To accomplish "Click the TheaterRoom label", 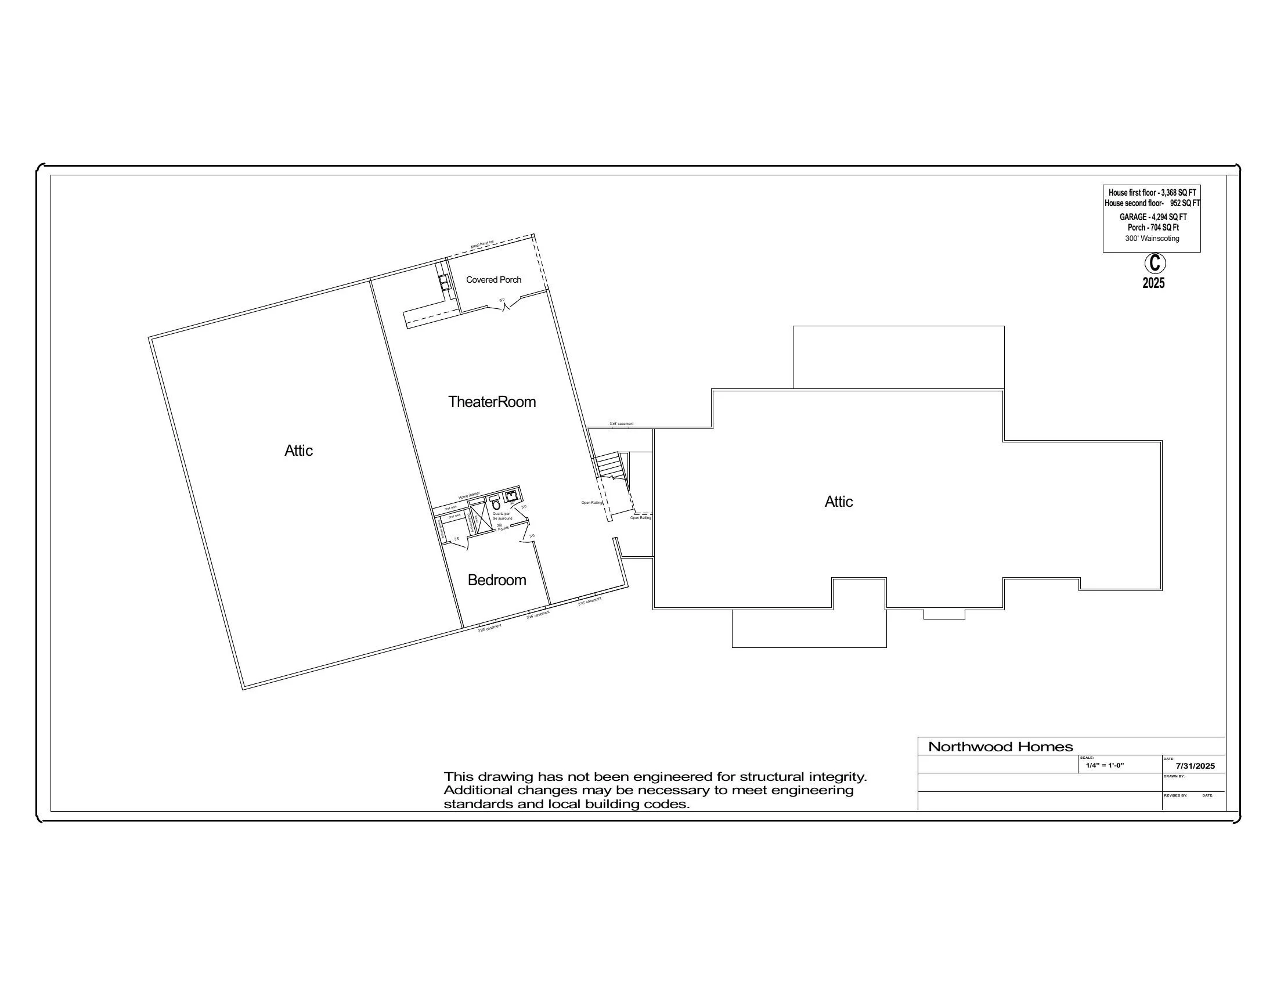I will pos(492,402).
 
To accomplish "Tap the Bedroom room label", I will pos(496,580).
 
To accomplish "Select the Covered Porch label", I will pos(493,280).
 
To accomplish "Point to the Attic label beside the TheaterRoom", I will pos(298,451).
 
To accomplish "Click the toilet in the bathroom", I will pos(496,505).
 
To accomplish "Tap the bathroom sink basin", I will pos(511,497).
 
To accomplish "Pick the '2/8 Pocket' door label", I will pos(502,527).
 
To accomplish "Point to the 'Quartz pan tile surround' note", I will pos(502,516).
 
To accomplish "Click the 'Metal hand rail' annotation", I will pos(482,245).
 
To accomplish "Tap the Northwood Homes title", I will pos(1001,747).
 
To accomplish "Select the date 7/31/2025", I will pos(1195,766).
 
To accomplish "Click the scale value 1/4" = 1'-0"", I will pos(1105,765).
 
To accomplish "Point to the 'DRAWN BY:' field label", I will pos(1174,776).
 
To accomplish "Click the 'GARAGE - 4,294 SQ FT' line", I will pos(1153,217).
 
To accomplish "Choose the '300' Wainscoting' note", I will pos(1152,239).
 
